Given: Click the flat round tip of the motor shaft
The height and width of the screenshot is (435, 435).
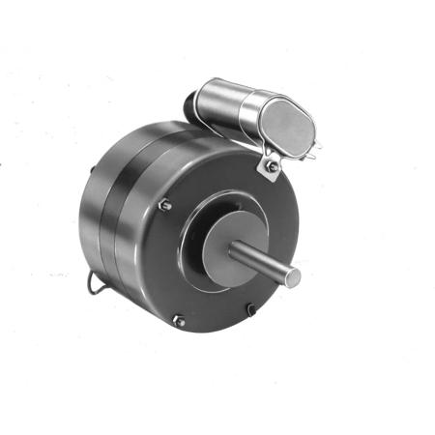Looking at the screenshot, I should coord(294,276).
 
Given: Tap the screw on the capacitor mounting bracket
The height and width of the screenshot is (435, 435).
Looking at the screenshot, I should coord(274,166).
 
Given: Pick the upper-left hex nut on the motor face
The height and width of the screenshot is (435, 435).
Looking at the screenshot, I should coord(164,204).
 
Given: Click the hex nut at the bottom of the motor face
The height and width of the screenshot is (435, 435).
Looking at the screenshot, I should coord(178,320).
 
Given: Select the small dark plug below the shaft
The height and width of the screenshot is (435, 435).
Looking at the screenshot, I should coord(250,309).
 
